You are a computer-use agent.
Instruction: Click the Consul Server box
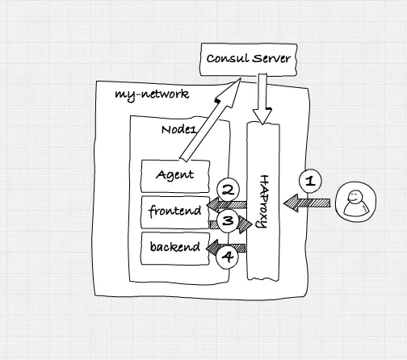249,60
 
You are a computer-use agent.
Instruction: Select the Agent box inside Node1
175,176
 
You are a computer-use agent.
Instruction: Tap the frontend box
175,212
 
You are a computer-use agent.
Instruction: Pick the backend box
175,249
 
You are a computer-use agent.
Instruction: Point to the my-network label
152,94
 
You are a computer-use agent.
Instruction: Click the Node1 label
178,130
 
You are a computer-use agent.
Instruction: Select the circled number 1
310,181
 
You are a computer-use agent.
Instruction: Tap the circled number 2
228,190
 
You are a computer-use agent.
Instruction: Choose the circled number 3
228,221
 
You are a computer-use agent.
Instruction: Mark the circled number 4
228,257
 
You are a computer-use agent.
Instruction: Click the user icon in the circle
356,202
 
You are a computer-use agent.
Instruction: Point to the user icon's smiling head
353,196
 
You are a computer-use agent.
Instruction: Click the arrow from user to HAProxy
307,203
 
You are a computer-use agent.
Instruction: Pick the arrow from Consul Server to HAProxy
262,98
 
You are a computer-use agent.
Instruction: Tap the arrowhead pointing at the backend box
212,248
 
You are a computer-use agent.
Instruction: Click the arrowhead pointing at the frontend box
212,205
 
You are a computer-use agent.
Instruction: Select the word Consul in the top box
228,58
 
